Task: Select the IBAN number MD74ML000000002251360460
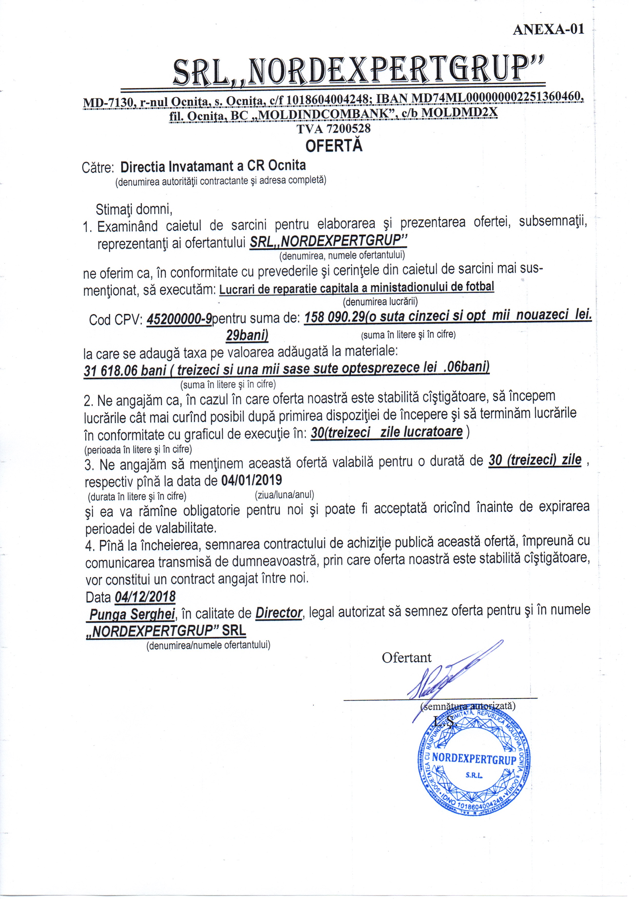pyautogui.click(x=496, y=98)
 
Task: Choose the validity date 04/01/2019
pyautogui.click(x=251, y=480)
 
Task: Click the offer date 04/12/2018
pyautogui.click(x=145, y=597)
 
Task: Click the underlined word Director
pyautogui.click(x=279, y=613)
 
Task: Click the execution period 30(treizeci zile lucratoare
pyautogui.click(x=387, y=432)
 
